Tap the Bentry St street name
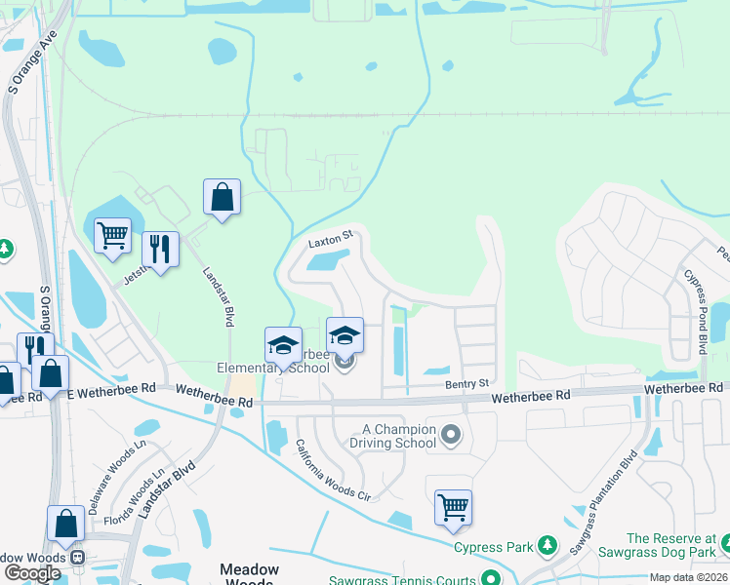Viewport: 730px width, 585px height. (466, 383)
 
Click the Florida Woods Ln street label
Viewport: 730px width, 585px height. (135, 501)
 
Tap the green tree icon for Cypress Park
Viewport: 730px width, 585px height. (547, 543)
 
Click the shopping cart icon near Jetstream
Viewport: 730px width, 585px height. (112, 235)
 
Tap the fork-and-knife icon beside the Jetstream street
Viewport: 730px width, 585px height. (160, 250)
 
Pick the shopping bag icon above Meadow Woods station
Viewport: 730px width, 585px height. (65, 524)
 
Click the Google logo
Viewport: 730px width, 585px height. (32, 573)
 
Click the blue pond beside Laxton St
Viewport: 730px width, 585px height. (329, 259)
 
